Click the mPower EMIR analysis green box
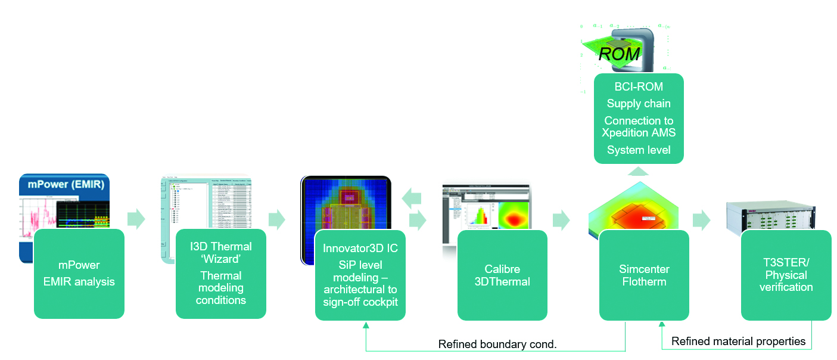(x=79, y=274)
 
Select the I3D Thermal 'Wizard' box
(x=220, y=274)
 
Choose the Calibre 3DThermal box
(x=502, y=274)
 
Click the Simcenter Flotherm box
(x=643, y=274)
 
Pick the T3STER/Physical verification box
(x=785, y=274)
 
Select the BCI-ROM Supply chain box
(x=639, y=118)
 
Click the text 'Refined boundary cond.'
(x=497, y=344)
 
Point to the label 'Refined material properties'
(x=738, y=342)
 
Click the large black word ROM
(x=619, y=54)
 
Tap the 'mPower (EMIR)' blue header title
(x=65, y=184)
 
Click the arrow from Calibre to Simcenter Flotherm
(x=561, y=219)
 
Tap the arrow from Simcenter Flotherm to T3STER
(x=702, y=219)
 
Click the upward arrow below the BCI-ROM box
(x=639, y=171)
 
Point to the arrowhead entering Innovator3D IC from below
(x=365, y=324)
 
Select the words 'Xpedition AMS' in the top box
(x=639, y=132)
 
